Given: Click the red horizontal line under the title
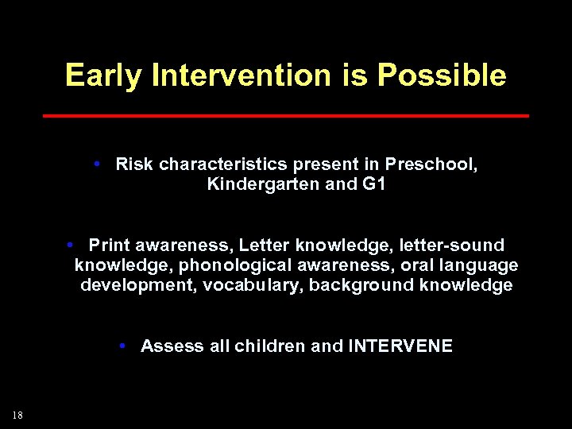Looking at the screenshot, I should [x=285, y=116].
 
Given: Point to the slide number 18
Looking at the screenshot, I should [x=17, y=414].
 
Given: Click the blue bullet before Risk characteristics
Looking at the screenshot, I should [x=95, y=164].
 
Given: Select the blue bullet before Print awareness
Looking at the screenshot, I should [x=71, y=244].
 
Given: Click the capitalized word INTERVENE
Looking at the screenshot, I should [x=400, y=346].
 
